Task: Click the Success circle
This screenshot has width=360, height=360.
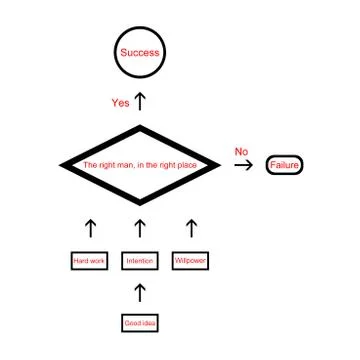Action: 139,52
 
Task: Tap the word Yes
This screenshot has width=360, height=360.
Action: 120,103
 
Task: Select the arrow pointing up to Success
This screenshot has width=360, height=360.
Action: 140,101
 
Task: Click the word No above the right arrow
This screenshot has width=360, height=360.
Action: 241,151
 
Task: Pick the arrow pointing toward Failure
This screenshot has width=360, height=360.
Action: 243,165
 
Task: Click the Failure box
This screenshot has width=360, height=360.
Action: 283,165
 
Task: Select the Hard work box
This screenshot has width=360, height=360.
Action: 89,261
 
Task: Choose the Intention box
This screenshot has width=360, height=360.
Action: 139,261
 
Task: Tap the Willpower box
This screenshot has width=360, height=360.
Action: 190,261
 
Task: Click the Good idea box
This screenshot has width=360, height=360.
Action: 139,323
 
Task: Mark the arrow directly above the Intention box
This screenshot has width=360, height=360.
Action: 140,228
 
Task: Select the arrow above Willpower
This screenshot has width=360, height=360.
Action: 191,228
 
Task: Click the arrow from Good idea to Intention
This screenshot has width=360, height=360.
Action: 140,292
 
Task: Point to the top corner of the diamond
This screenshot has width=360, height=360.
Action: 140,127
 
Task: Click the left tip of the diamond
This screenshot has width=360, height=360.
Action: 63,165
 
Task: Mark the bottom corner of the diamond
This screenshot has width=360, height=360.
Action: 140,203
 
